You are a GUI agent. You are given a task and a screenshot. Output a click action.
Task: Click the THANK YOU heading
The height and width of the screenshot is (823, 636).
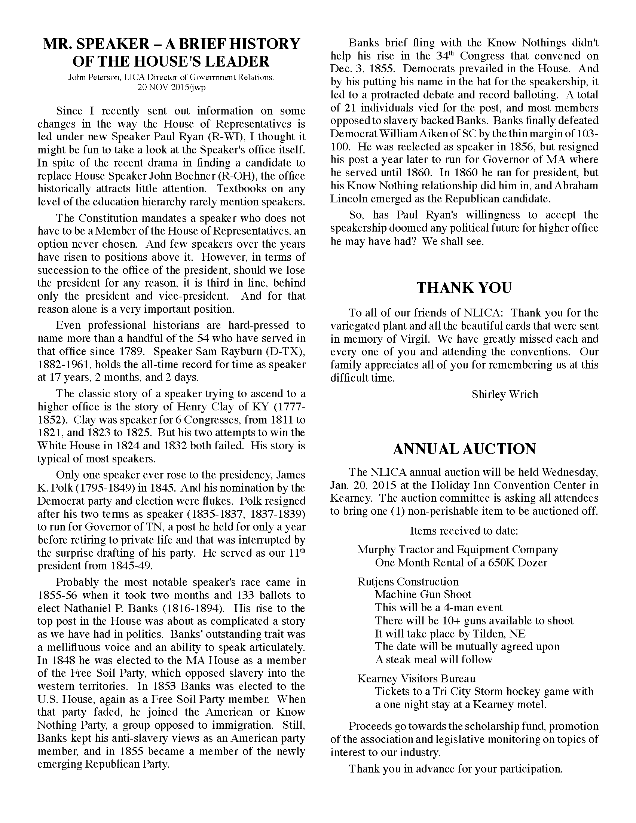click(464, 288)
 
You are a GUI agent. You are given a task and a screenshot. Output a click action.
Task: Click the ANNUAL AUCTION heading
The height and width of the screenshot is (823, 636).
click(464, 449)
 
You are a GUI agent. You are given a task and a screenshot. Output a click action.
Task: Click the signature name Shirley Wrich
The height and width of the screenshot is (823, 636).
click(505, 395)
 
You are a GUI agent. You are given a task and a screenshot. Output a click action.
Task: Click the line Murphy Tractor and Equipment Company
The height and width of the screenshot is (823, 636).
click(458, 550)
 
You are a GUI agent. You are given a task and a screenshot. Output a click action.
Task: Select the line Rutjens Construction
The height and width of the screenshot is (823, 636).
click(408, 582)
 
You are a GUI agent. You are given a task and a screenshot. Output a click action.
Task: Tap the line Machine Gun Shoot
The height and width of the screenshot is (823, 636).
click(423, 595)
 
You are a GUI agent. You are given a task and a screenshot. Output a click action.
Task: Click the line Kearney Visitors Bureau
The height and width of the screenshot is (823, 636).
click(416, 679)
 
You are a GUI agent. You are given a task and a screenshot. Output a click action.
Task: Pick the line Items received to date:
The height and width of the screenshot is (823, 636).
click(464, 531)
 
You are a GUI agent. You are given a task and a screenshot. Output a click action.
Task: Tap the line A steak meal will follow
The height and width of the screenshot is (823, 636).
click(433, 660)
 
